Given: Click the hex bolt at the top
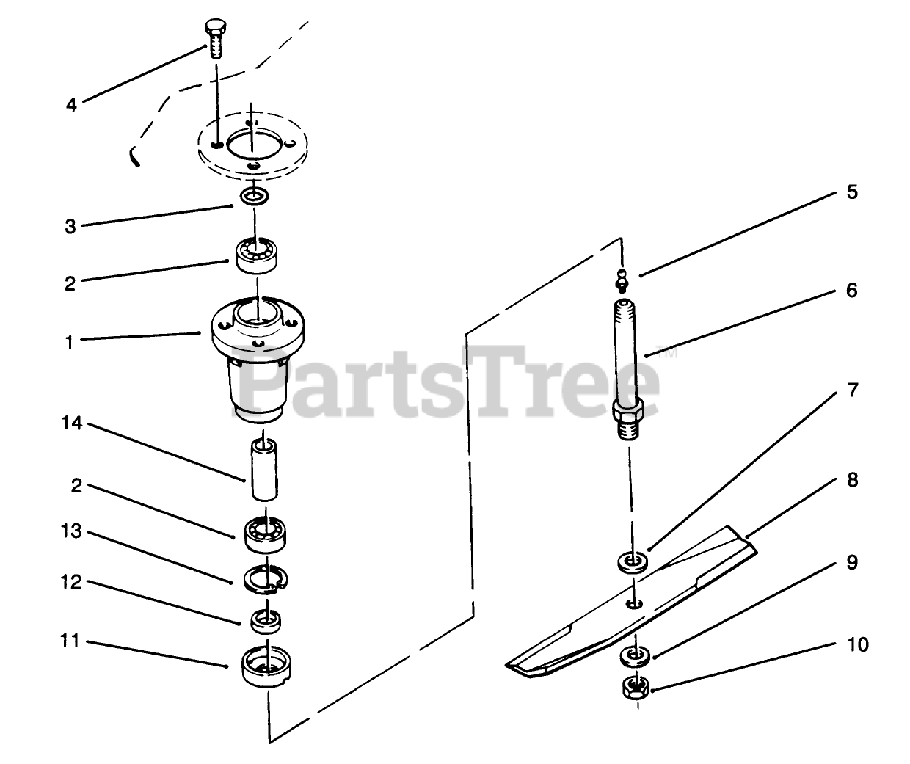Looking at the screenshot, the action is click(215, 38).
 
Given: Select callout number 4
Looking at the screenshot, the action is click(71, 105).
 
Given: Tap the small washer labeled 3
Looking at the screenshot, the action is click(254, 196).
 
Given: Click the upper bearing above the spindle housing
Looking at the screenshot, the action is click(257, 255).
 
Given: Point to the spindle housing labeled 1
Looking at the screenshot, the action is click(258, 360).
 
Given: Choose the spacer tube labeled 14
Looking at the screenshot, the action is click(264, 470).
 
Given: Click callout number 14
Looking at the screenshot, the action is click(71, 423).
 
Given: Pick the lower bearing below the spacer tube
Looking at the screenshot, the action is click(265, 535).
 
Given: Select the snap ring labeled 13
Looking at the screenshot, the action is click(266, 579).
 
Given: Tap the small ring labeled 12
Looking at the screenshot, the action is click(266, 622).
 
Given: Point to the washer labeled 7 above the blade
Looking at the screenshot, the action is click(633, 561).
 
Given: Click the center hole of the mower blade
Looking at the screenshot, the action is click(634, 604).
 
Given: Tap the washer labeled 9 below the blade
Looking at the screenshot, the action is click(636, 657).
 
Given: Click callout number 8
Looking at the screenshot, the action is click(853, 480).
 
